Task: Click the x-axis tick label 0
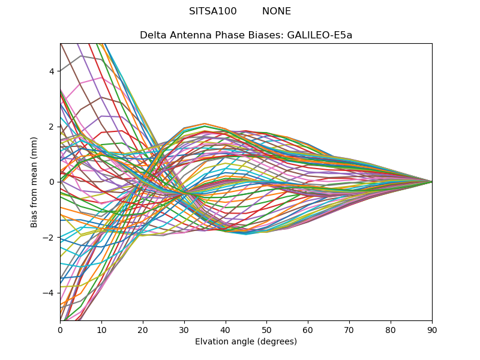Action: (x=60, y=329)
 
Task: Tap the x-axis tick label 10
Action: (x=101, y=329)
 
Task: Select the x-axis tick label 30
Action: (x=184, y=329)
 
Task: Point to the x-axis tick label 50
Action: (x=266, y=329)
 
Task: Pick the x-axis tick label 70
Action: (x=349, y=329)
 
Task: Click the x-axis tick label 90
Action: (x=432, y=329)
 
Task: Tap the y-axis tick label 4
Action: (x=52, y=71)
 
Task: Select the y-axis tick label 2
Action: (x=52, y=127)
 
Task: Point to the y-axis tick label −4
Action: (x=49, y=293)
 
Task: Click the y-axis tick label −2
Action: (x=49, y=238)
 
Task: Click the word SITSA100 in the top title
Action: (x=213, y=11)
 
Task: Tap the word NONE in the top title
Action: (x=277, y=11)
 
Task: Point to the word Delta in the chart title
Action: (x=152, y=35)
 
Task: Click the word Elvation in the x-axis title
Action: (x=212, y=342)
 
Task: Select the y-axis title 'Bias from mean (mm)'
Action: (x=34, y=181)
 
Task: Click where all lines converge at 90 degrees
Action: (x=431, y=182)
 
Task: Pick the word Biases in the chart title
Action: (x=267, y=35)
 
